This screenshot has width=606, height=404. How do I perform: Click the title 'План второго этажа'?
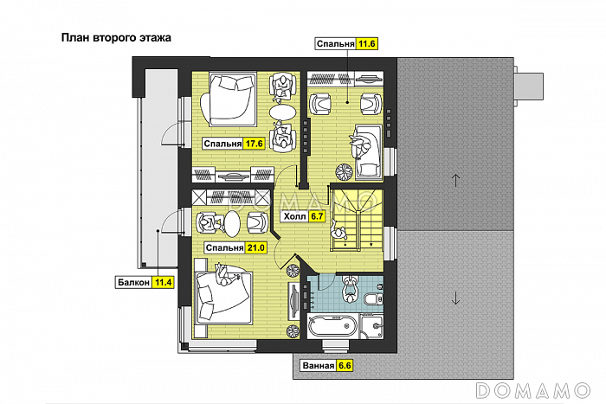(x=116, y=38)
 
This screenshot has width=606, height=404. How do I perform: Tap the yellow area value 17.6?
(x=254, y=144)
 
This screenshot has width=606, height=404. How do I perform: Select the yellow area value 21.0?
(x=256, y=247)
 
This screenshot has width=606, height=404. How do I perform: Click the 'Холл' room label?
(x=294, y=216)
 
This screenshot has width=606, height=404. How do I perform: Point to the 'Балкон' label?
(x=133, y=282)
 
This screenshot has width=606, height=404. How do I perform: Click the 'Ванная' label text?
(x=318, y=365)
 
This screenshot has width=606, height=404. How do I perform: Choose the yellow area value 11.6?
(x=366, y=44)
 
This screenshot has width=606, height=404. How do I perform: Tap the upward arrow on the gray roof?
(x=455, y=180)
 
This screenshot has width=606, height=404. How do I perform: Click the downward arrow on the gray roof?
(x=455, y=298)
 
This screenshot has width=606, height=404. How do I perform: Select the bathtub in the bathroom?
(x=332, y=325)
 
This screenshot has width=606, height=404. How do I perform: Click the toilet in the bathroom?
(x=373, y=298)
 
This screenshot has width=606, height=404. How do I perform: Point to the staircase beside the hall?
(x=357, y=220)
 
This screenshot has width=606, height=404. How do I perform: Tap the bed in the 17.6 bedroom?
(x=228, y=99)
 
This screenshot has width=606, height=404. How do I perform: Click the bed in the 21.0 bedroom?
(x=224, y=297)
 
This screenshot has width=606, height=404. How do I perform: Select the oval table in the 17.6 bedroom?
(x=283, y=112)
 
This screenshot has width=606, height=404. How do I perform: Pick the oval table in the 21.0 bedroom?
(x=232, y=223)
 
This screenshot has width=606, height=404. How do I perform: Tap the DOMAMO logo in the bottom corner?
(x=533, y=390)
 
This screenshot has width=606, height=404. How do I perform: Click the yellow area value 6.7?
(x=317, y=216)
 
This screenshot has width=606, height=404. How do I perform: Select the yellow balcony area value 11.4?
(x=163, y=282)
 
